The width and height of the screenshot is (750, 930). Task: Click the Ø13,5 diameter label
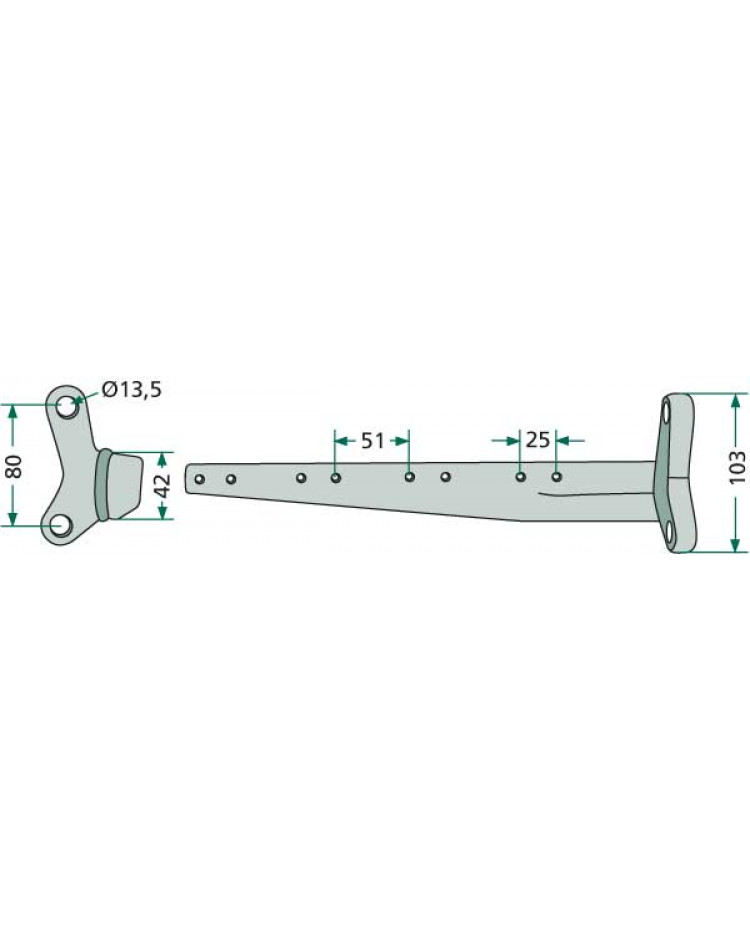pos(131,390)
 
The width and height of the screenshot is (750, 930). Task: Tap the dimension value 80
pos(14,466)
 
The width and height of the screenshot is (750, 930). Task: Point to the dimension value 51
pos(372,441)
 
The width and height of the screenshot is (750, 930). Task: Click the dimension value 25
pos(538,440)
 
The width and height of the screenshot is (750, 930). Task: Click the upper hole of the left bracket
pos(66,406)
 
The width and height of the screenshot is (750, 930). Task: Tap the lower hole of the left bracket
pos(60,525)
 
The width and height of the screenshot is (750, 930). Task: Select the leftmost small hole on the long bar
pos(200,479)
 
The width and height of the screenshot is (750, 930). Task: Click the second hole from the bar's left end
pos(231,479)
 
